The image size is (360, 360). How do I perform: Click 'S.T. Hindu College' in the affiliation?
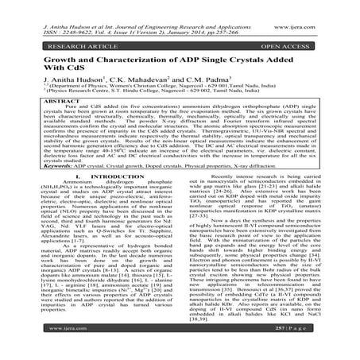(124, 94)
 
